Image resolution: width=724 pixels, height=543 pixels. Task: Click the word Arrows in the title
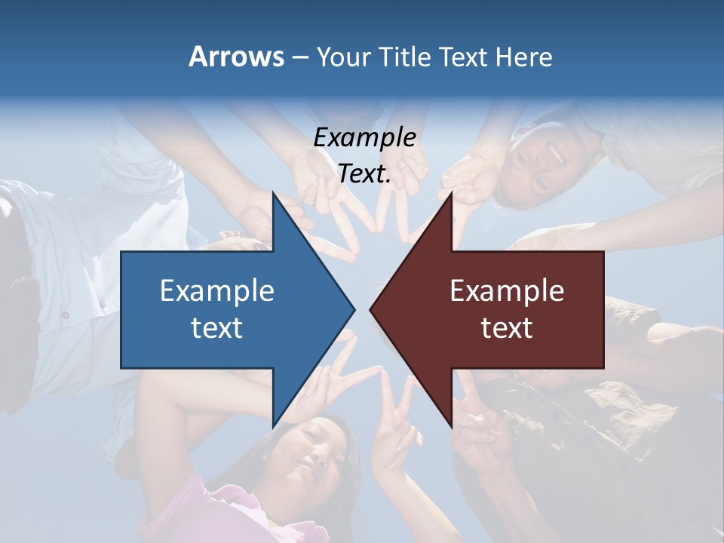pyautogui.click(x=236, y=57)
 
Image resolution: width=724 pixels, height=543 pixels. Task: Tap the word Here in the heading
pyautogui.click(x=523, y=57)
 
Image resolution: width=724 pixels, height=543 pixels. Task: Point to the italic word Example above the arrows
pyautogui.click(x=364, y=137)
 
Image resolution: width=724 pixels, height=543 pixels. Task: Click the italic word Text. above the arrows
pyautogui.click(x=364, y=174)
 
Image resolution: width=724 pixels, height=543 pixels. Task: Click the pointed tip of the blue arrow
pyautogui.click(x=352, y=309)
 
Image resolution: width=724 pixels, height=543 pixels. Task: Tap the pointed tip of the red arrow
pyautogui.click(x=372, y=309)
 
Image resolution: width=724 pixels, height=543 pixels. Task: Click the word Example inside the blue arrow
pyautogui.click(x=217, y=290)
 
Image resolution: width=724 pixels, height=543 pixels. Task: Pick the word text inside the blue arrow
pyautogui.click(x=217, y=328)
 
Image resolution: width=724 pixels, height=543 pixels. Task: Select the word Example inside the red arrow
pyautogui.click(x=507, y=290)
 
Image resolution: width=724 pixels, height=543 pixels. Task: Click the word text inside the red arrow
pyautogui.click(x=507, y=328)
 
